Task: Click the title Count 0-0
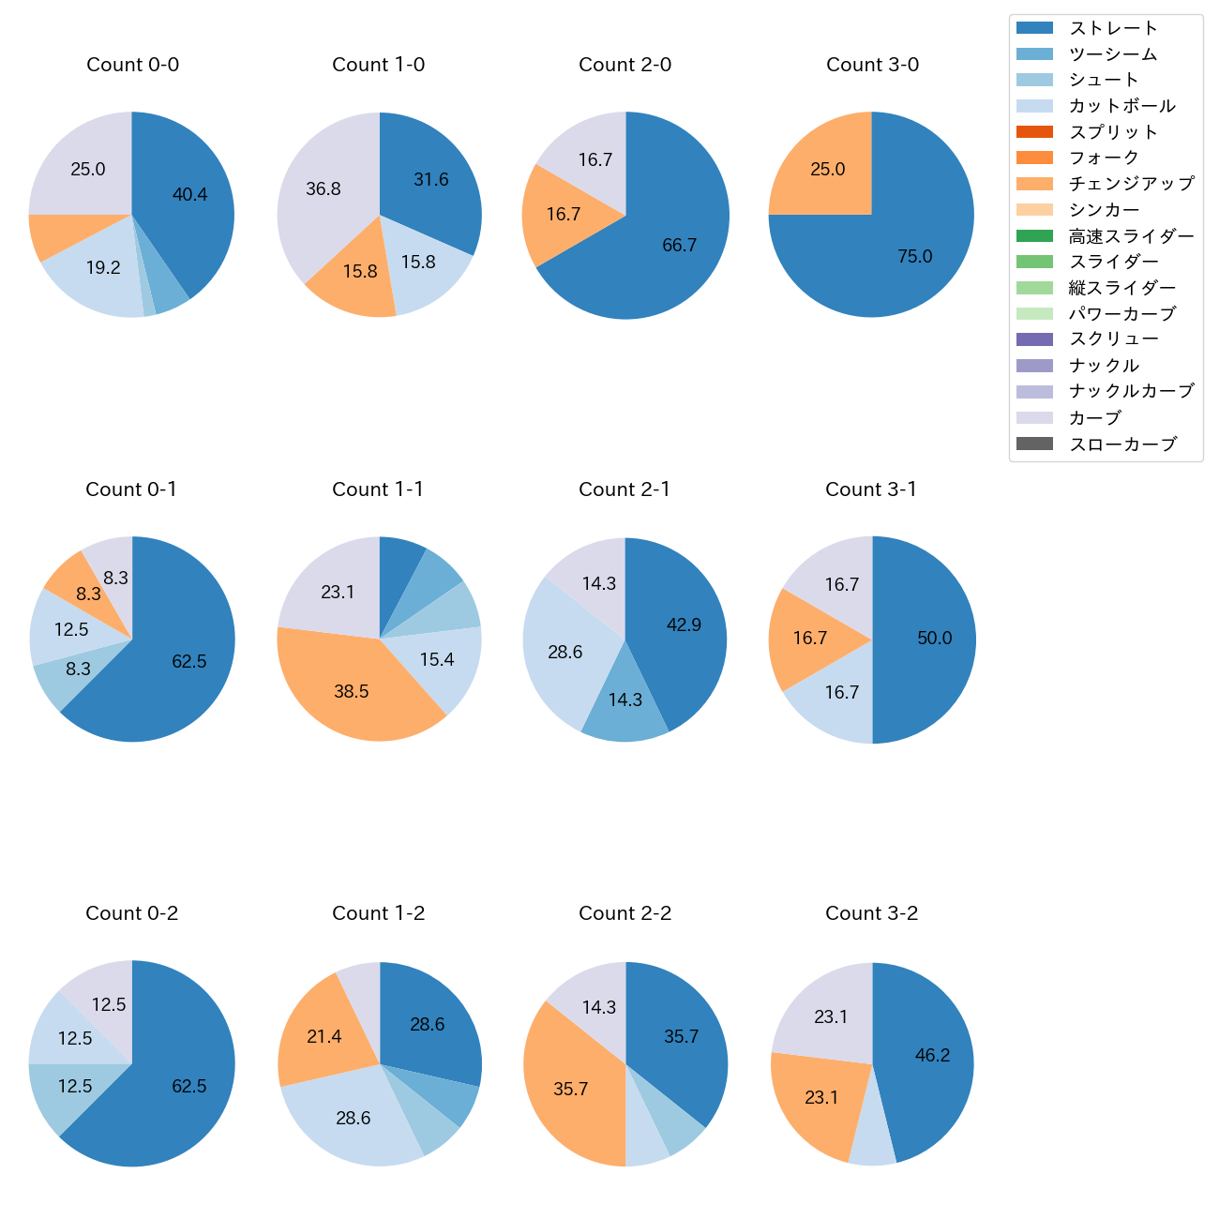pos(132,65)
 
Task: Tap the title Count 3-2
pos(871,913)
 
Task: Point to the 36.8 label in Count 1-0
pos(324,189)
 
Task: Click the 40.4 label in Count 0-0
pos(190,195)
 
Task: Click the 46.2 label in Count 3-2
pos(933,1056)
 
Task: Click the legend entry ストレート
pos(1113,28)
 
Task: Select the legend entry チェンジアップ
pos(1131,184)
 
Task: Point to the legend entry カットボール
pos(1121,106)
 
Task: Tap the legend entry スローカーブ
pos(1122,444)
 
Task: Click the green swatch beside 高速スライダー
pos(1034,236)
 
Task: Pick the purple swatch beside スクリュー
pos(1034,339)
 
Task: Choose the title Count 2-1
pos(625,489)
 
